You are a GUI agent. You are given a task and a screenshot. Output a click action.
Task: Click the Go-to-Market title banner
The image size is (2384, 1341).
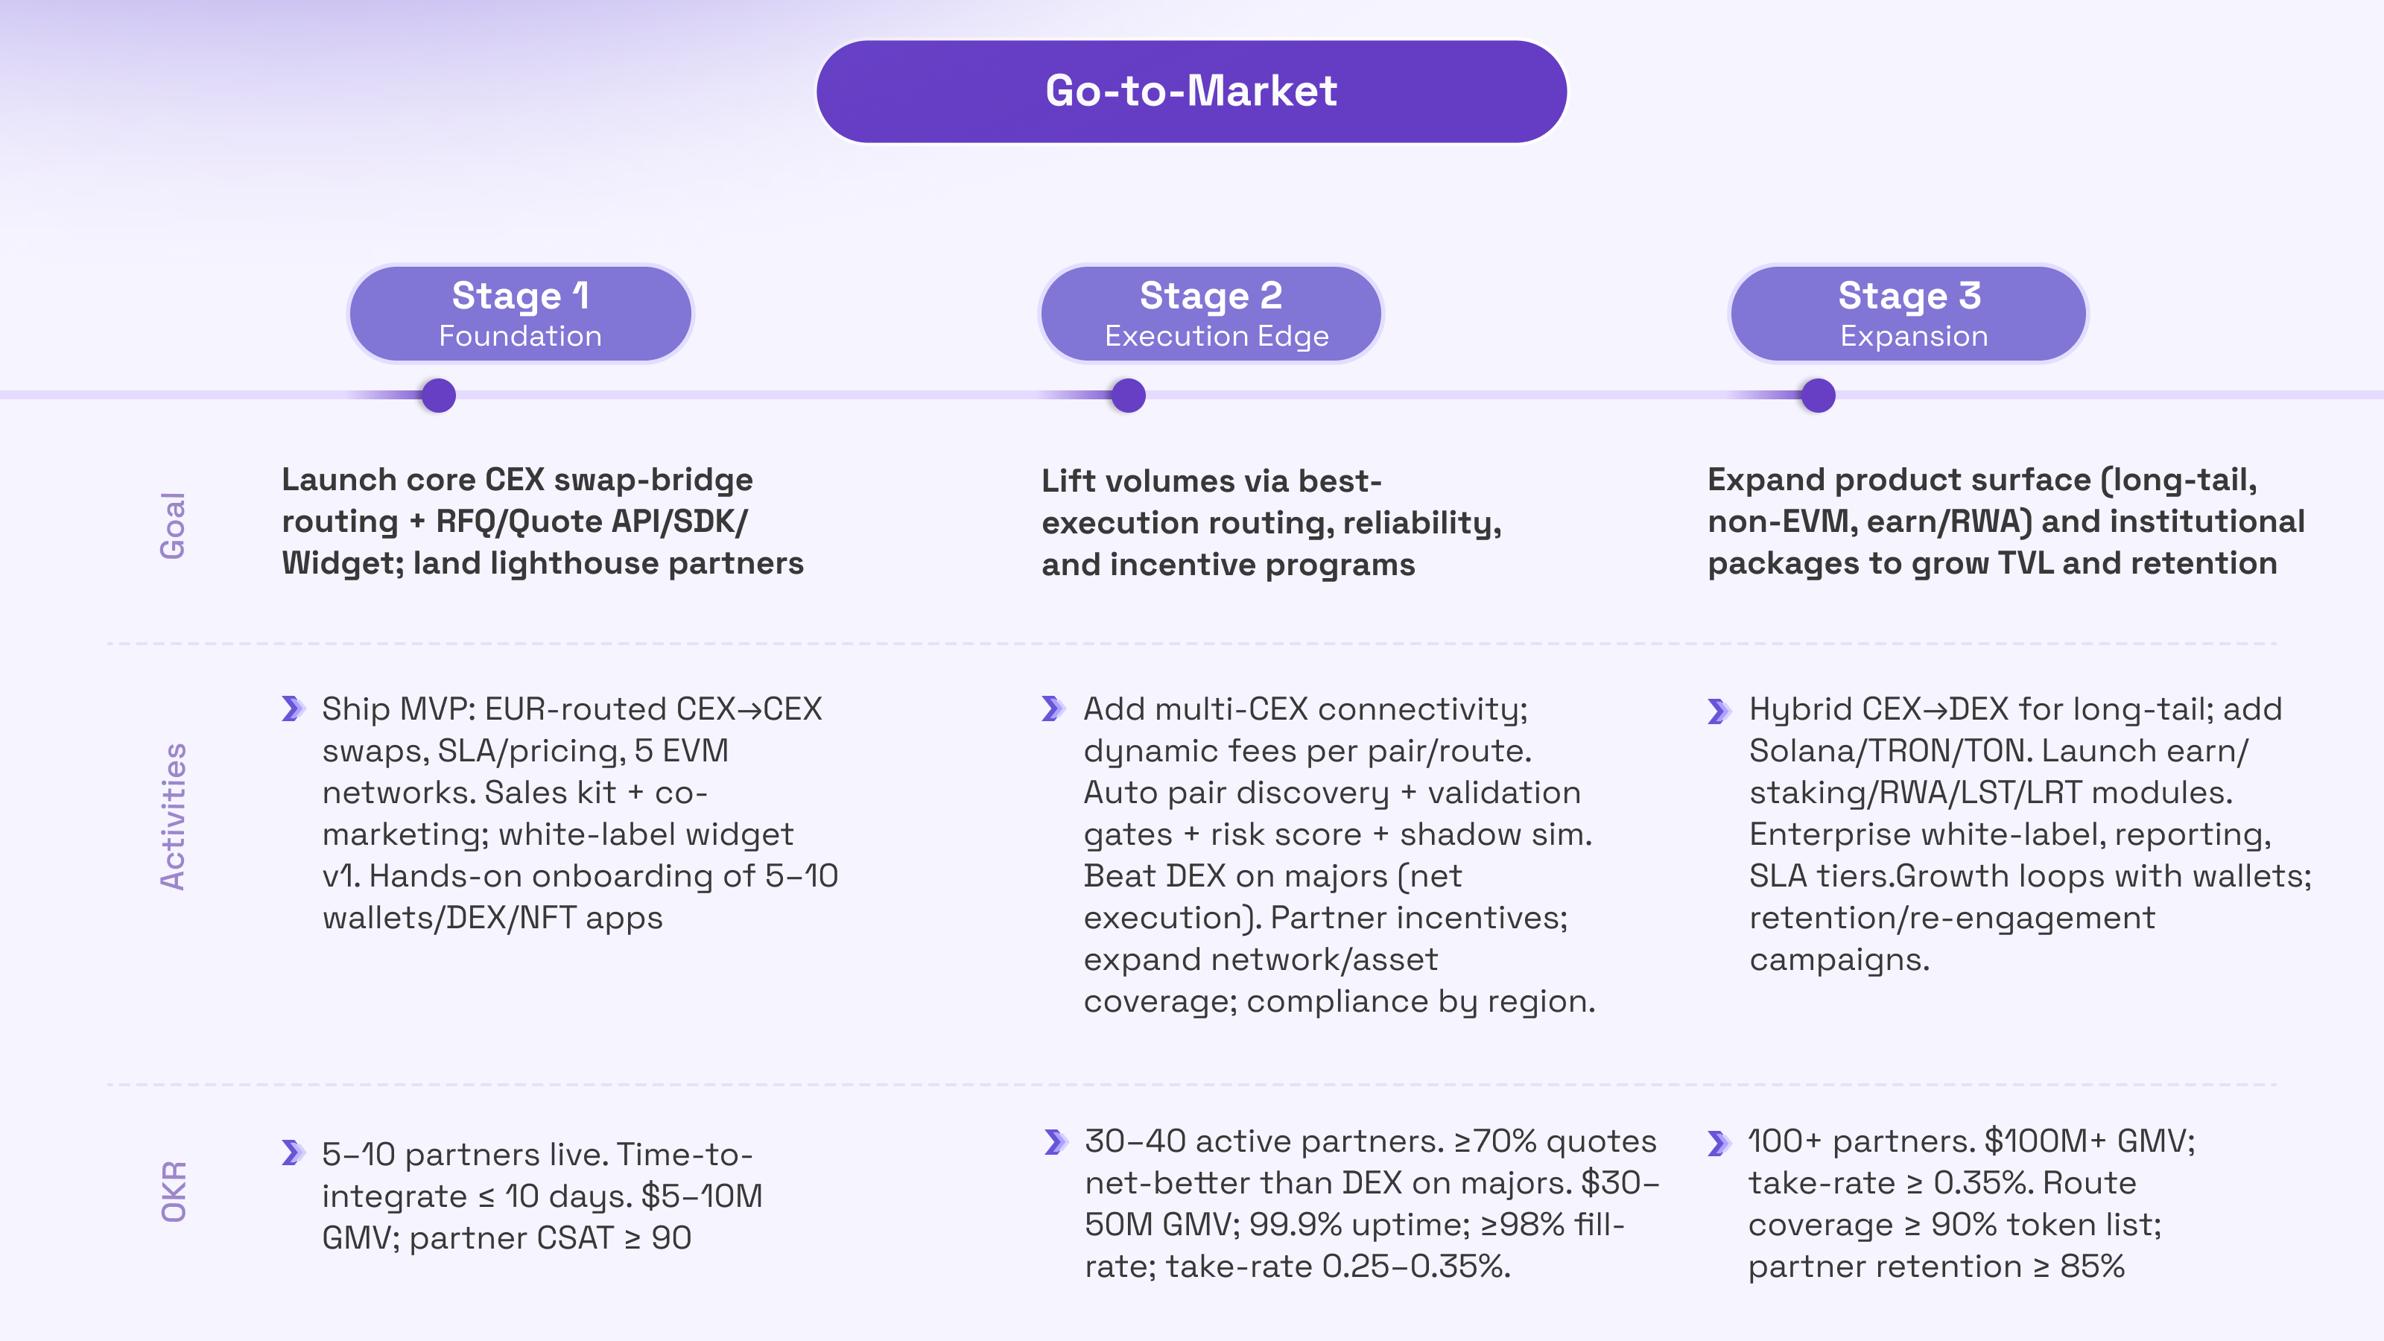tap(1191, 91)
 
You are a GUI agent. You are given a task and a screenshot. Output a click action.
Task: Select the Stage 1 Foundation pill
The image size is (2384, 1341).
tap(520, 314)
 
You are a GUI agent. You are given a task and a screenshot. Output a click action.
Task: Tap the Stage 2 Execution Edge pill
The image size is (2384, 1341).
tap(1211, 314)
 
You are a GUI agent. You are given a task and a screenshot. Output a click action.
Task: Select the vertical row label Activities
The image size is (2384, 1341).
tap(173, 817)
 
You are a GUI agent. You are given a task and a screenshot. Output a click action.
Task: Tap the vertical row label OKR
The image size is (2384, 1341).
tap(173, 1191)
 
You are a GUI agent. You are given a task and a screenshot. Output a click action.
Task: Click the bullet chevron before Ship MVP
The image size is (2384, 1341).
tap(294, 709)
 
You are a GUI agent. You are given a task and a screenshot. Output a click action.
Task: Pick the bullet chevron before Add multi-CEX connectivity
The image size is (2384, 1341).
tap(1053, 709)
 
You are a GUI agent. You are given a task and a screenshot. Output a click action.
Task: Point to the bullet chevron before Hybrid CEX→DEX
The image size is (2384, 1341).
tap(1719, 711)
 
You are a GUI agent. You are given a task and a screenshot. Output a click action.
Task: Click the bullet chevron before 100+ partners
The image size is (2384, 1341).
tap(1719, 1143)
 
